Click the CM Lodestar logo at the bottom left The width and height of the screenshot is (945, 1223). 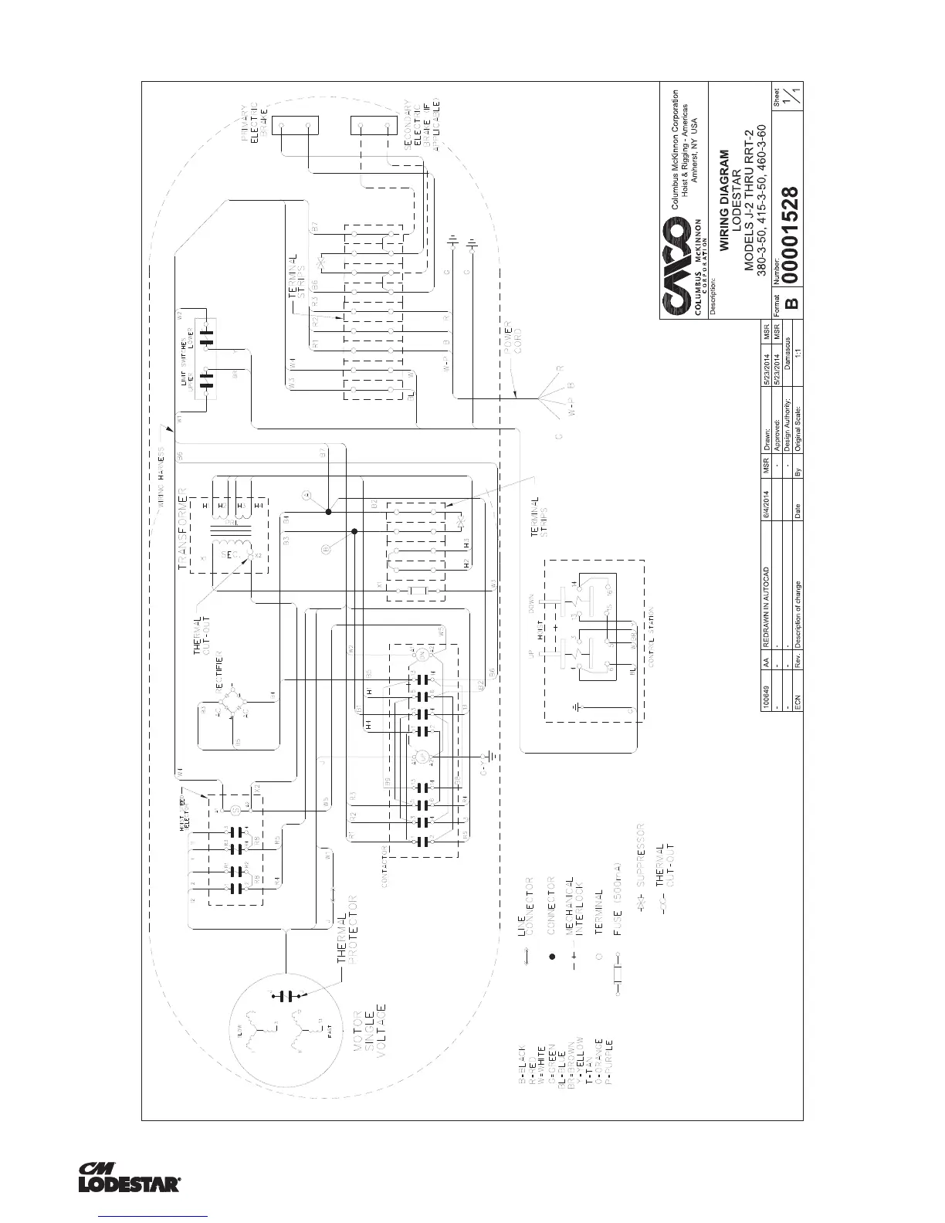(130, 1177)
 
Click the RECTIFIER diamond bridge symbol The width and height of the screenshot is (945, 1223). (232, 698)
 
